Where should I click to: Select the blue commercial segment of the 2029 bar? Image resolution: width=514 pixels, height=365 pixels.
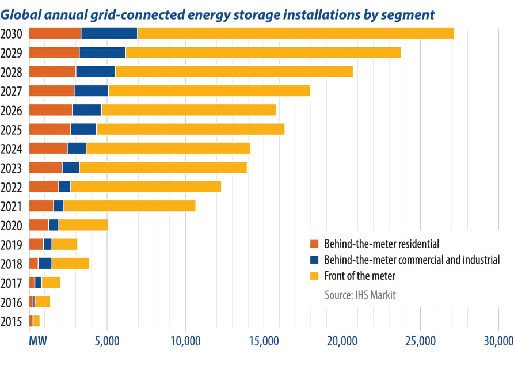[102, 52]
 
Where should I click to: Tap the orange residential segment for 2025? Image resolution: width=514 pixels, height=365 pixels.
[50, 129]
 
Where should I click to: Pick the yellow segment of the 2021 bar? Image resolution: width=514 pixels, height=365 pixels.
[130, 206]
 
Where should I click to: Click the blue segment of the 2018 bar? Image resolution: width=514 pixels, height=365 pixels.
[45, 264]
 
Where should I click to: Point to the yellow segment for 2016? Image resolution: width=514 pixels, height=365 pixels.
[43, 302]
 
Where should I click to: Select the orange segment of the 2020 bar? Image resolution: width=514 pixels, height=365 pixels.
[39, 225]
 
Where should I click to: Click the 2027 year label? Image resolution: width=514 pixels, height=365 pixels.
[12, 91]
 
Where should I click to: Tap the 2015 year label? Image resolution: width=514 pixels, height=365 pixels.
[12, 321]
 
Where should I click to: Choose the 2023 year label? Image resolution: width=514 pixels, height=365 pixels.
[12, 168]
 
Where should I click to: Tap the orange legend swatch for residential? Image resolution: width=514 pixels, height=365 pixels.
[314, 243]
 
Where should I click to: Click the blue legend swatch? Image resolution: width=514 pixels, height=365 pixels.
[314, 260]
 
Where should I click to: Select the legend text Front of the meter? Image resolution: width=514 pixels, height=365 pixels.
[360, 276]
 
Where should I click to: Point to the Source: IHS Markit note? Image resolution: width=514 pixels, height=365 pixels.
[360, 295]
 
